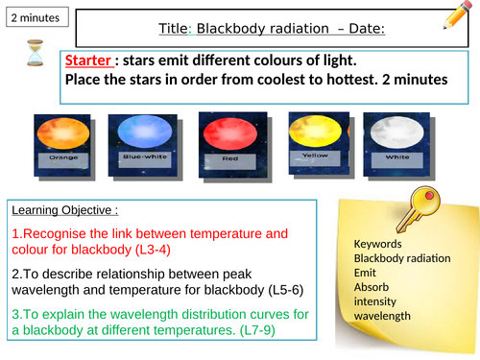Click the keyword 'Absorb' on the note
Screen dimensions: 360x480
372,287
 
